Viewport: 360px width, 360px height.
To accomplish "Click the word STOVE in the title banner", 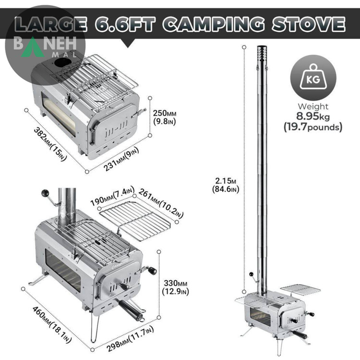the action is (x=309, y=24).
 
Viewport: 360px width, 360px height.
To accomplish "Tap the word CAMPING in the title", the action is (x=214, y=24).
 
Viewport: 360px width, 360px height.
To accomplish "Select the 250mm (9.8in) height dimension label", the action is (x=165, y=117).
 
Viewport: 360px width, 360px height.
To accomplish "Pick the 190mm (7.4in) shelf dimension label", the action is (x=112, y=196).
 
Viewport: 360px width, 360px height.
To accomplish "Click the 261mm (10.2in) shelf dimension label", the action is (x=161, y=203).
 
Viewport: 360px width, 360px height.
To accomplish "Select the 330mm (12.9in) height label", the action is (x=175, y=287).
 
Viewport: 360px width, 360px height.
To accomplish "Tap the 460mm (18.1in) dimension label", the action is (x=52, y=324).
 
